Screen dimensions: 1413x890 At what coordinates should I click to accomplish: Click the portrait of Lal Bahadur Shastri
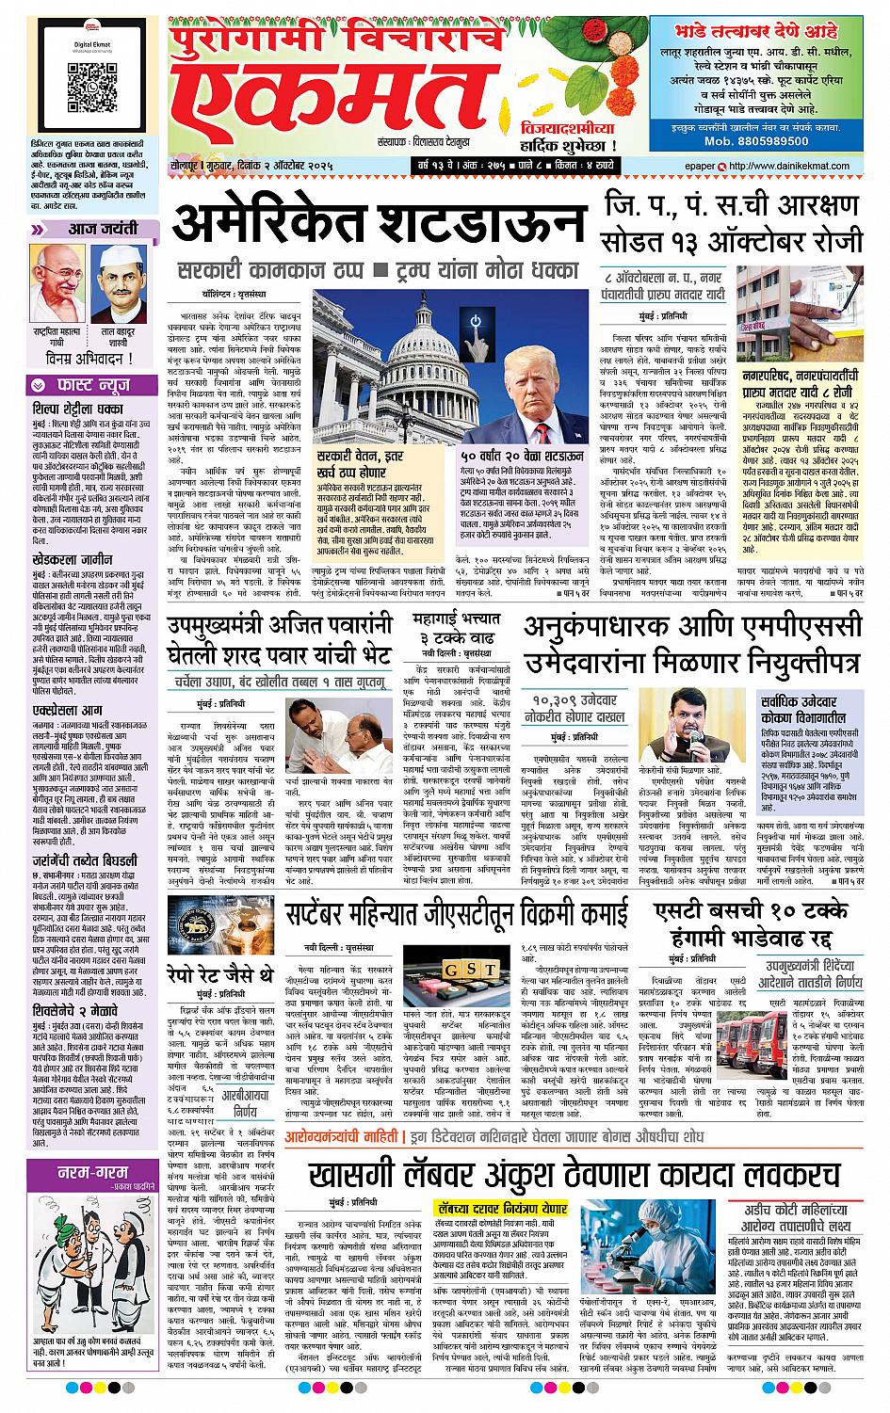[117, 278]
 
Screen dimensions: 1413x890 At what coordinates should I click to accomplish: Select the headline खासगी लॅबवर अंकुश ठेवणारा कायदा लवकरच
[572, 1176]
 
